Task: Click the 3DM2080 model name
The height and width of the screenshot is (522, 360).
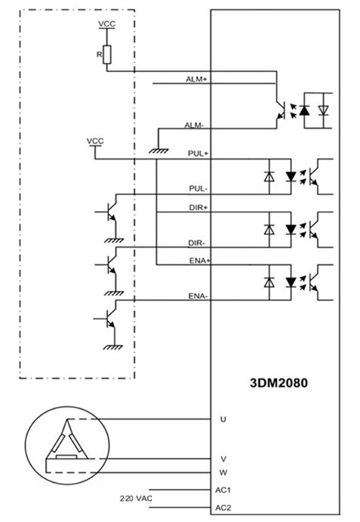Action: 279,383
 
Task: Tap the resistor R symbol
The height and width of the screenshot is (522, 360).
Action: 107,54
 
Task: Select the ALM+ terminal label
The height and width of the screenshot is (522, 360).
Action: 197,80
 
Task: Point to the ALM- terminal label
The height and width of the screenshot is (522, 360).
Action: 194,126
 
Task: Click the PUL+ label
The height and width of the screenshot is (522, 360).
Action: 198,154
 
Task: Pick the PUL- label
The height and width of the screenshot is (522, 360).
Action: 198,189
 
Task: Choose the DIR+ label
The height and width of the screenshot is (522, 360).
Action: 198,208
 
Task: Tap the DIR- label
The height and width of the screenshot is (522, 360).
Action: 197,243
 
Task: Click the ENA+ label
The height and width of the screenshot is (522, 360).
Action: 200,261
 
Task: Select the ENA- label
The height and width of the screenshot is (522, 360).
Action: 198,296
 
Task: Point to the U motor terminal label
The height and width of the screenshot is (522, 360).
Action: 223,419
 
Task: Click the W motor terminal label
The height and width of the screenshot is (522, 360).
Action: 223,472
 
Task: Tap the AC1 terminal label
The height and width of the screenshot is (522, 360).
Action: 223,490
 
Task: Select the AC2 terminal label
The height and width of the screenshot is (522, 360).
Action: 223,508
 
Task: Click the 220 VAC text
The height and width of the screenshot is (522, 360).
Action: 136,499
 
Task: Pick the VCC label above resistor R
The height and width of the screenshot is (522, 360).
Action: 107,24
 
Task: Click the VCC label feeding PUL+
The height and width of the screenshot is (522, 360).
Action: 95,141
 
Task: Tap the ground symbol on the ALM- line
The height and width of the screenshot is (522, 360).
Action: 158,151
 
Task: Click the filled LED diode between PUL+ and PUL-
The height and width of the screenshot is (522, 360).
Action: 291,176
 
